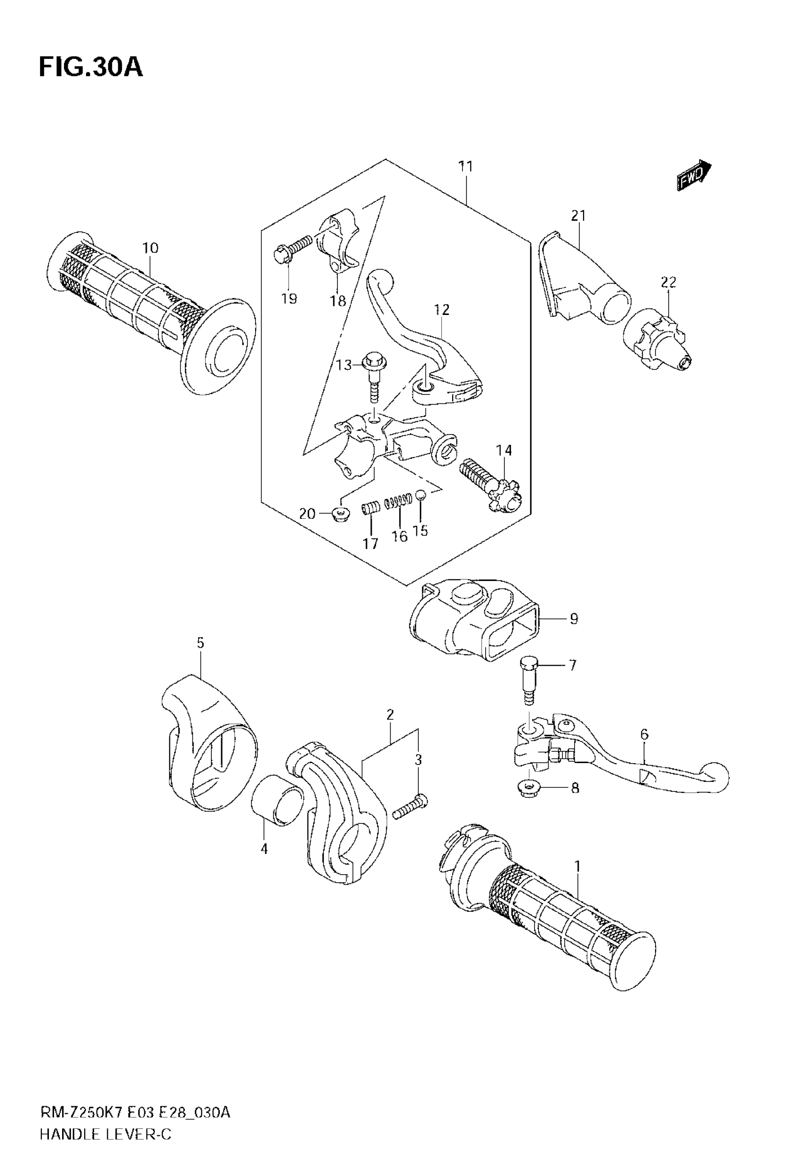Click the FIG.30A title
pos(91,68)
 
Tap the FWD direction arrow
pos(694,175)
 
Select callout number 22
pos(668,282)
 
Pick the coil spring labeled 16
pos(399,501)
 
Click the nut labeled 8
pos(529,788)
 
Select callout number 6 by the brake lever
pos(644,734)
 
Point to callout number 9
pos(574,619)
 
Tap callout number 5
pos(200,643)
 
